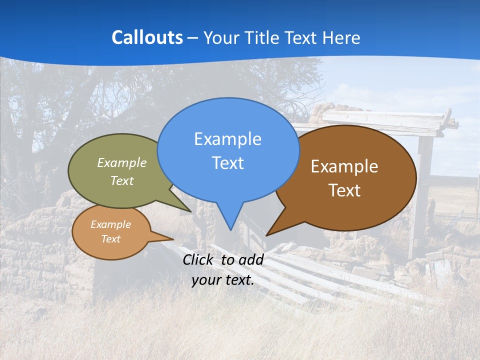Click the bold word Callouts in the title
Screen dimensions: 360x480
point(147,37)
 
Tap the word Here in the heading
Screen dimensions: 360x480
point(341,37)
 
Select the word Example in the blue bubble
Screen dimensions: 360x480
point(227,139)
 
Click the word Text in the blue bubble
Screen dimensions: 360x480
point(227,163)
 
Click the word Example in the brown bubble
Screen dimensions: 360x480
point(344,166)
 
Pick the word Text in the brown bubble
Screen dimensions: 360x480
point(344,190)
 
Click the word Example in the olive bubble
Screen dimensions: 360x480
point(122,162)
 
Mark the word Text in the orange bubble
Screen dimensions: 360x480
point(110,239)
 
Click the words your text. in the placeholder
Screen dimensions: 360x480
point(223,280)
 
